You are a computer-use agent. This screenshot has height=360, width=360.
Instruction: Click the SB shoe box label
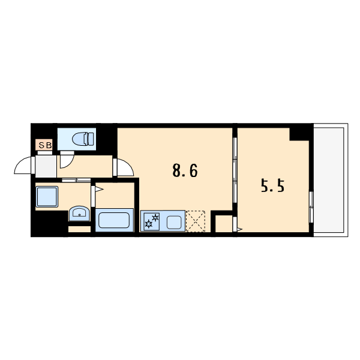point(45,145)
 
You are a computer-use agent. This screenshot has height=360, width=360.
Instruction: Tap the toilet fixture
point(83,139)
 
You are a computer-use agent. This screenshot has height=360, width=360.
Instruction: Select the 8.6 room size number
point(185,171)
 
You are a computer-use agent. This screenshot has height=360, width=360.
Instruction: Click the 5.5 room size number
point(272,186)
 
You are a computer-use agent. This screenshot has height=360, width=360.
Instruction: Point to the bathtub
point(114,220)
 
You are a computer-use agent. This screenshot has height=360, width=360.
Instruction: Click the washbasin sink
point(79,213)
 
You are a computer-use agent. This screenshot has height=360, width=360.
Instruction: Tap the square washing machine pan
point(47,197)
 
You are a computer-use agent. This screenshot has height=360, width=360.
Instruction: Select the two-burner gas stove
point(152,221)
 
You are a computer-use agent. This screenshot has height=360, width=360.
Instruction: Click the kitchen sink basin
point(174,223)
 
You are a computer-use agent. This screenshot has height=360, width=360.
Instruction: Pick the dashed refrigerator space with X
point(196,221)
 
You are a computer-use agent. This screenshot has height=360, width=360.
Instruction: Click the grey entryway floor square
point(46,166)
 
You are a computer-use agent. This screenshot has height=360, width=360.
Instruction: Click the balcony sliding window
point(311,207)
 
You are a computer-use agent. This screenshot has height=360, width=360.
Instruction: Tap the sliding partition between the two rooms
point(235,170)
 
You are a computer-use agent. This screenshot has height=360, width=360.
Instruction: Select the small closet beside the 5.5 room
point(224,224)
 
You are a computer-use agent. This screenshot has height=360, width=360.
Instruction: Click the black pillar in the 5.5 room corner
point(299,134)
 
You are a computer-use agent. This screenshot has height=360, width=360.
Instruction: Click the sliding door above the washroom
point(76,180)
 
